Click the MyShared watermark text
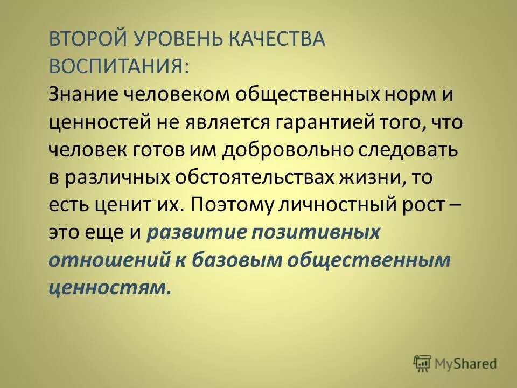(x=466, y=364)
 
